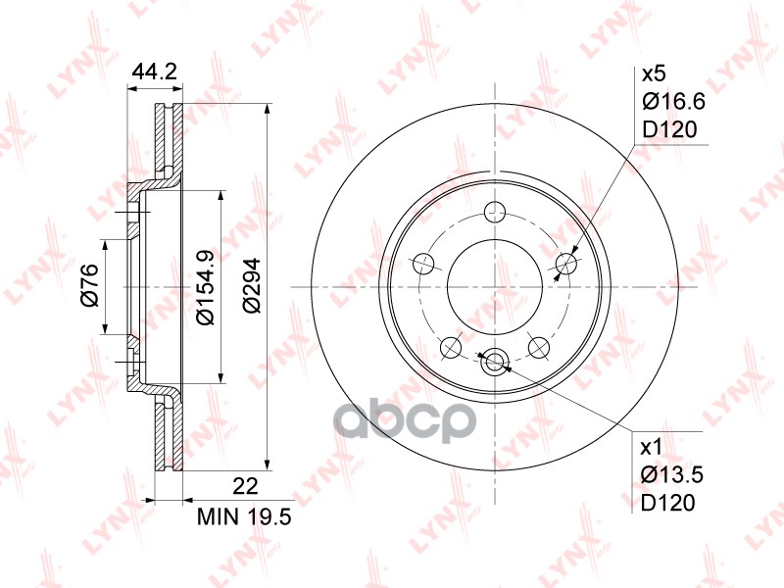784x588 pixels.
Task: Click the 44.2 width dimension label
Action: (x=154, y=72)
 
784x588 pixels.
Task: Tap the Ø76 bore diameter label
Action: (x=89, y=285)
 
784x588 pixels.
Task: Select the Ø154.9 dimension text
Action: (x=205, y=287)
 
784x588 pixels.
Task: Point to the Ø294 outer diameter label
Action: (x=252, y=285)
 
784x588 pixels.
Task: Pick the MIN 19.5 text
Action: (x=244, y=517)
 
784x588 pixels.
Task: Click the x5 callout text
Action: (x=654, y=74)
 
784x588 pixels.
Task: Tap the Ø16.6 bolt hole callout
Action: (x=673, y=102)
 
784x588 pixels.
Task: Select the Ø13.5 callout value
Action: (x=672, y=475)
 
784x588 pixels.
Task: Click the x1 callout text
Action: (x=652, y=448)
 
